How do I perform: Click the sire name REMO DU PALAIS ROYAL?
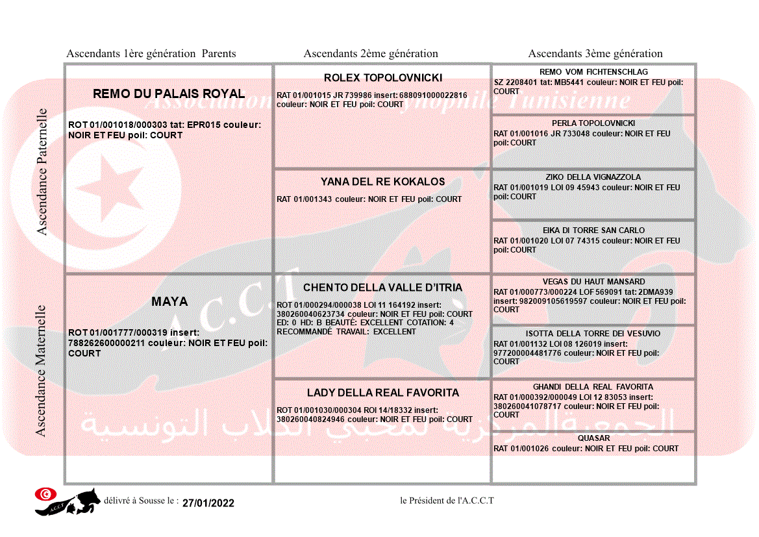pos(169,94)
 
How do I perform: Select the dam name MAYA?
pos(169,302)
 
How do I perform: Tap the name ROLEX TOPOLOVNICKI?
pos(382,78)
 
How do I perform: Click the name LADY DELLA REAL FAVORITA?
pos(382,393)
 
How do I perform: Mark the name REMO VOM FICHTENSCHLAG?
pos(593,72)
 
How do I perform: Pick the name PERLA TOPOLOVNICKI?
pos(593,123)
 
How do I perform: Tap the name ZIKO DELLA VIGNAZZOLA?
pos(593,177)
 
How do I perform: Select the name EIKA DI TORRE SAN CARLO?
pos(593,231)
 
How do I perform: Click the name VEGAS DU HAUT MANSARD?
pos(593,282)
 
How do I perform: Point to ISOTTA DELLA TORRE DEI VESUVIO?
pos(593,334)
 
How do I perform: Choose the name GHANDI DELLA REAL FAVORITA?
pos(593,387)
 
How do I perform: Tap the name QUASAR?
pos(593,438)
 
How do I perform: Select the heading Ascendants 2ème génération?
pos(371,54)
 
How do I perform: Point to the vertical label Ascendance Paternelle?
pos(42,171)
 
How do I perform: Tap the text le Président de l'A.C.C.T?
pos(447,501)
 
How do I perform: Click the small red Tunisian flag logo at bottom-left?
pos(45,494)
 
